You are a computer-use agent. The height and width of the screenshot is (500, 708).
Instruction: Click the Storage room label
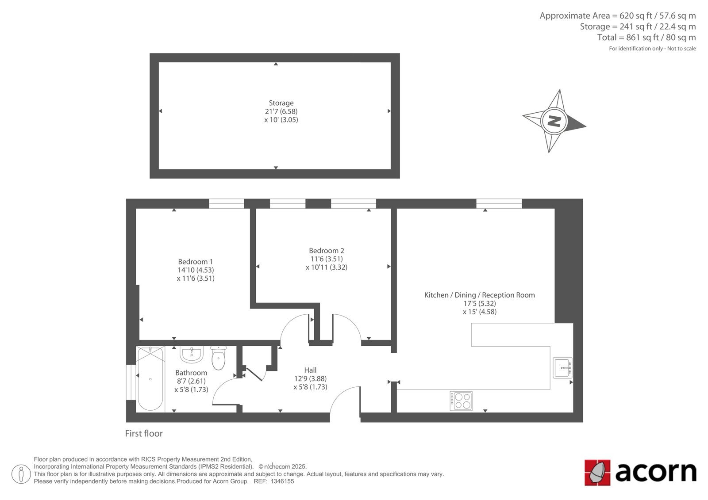coord(281,103)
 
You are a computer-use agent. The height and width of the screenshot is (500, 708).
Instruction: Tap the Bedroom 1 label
coord(195,262)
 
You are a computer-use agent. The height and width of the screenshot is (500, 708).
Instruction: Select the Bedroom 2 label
coord(326,251)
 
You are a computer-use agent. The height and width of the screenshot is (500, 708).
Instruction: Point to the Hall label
coord(310,370)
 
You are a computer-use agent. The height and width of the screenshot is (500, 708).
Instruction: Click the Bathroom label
coord(191,373)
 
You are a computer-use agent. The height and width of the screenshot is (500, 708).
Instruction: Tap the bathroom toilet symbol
coord(219,358)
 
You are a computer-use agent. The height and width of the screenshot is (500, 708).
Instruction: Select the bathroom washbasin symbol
coord(192,355)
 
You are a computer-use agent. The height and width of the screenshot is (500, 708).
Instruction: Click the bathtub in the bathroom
coord(150,379)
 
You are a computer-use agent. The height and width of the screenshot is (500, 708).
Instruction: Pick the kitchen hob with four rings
coord(461,401)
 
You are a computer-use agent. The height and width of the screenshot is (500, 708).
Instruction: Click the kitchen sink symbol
coord(562,368)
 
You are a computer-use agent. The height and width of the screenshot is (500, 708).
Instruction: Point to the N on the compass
coord(554,121)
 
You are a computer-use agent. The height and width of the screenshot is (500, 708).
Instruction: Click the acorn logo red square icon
coord(597,473)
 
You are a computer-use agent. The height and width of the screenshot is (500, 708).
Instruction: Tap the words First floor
coord(144,433)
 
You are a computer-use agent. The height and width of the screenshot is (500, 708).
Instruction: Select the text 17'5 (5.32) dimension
coord(480,304)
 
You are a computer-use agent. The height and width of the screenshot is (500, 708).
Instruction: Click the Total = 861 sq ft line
coord(646,38)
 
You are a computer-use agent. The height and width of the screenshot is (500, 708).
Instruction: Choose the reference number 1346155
coord(282,481)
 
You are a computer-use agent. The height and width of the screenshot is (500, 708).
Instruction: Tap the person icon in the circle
coord(21,474)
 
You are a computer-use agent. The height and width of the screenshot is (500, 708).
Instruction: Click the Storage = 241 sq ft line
coord(638,27)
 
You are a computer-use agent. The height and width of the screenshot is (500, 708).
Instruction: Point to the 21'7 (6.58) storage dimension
coord(281,111)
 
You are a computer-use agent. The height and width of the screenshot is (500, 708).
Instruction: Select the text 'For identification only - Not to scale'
coord(652,49)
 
